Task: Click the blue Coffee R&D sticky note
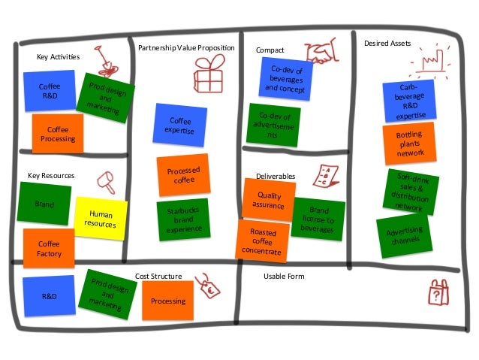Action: pos(50,91)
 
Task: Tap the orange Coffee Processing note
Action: pos(58,134)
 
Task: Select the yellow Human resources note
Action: pos(101,219)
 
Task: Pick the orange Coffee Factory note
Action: pos(49,248)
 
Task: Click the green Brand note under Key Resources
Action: pos(44,203)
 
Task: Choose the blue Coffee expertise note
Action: pos(180,126)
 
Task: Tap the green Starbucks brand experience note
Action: pos(182,218)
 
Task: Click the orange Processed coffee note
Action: pos(182,174)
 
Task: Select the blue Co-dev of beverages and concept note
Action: pos(286,78)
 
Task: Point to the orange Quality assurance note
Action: pos(268,198)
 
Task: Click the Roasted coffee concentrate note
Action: pos(264,241)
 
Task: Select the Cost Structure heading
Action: pos(158,277)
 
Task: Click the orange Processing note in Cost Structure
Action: pos(167,301)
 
